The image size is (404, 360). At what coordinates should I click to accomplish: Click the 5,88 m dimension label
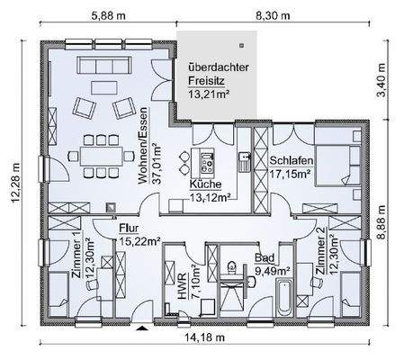108,15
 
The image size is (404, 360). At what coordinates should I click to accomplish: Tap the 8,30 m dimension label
273,15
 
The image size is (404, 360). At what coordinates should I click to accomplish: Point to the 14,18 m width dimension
204,337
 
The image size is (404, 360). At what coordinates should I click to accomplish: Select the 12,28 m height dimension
15,183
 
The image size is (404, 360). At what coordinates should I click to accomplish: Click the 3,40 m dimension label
382,80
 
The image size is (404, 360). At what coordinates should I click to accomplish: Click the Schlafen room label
292,161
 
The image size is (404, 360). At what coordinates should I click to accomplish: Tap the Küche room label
206,184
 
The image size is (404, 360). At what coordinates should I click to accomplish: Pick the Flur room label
129,229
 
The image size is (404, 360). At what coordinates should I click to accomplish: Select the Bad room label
265,257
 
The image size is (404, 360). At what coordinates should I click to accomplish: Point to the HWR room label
182,286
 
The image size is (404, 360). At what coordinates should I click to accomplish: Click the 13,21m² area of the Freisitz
209,94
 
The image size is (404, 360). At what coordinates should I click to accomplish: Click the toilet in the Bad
231,267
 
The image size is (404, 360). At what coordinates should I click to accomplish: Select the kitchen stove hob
207,163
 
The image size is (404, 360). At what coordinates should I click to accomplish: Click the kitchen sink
245,161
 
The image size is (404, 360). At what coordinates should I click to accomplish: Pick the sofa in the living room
104,65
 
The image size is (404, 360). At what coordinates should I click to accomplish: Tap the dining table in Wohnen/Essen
102,156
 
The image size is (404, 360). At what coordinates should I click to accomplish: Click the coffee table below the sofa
103,87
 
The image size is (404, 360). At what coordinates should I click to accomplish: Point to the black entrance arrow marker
143,328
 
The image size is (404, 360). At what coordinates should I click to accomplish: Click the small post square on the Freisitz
241,46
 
